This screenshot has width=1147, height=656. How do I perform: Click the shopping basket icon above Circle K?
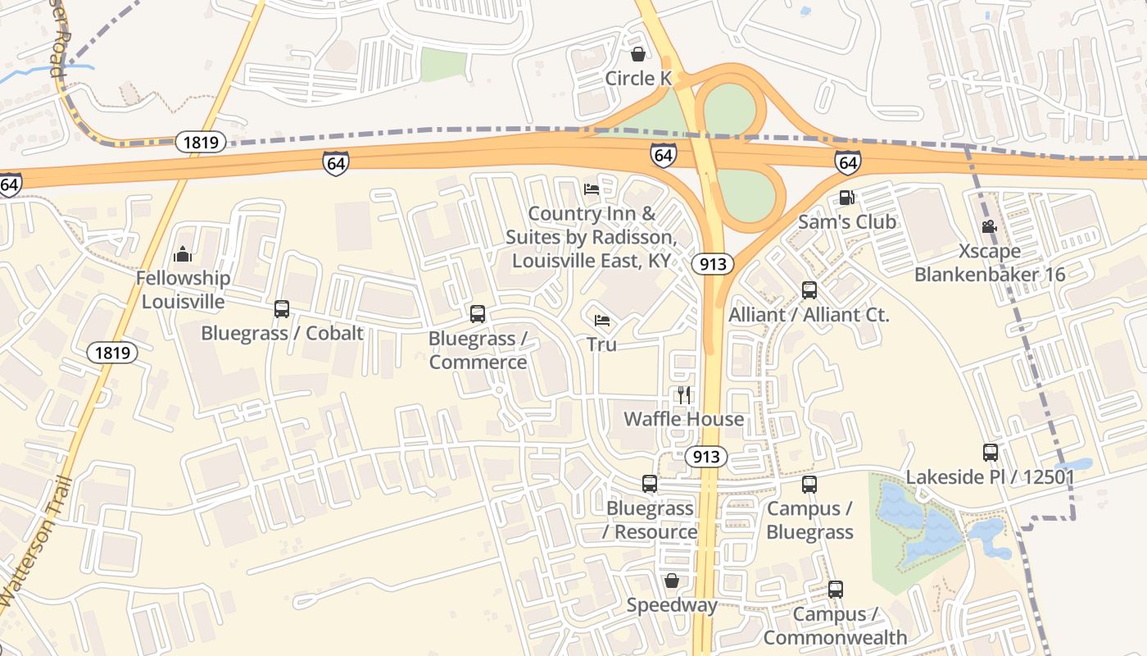point(637,55)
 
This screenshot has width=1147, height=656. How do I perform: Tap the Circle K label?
point(638,79)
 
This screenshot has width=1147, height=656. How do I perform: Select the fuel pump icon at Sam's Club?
point(847,198)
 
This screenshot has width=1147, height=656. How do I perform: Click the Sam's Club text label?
point(847,221)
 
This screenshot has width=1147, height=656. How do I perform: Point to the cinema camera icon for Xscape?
point(989,226)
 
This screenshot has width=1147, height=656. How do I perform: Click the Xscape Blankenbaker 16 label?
point(990,262)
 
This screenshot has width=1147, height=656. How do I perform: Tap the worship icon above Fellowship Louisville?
point(183,254)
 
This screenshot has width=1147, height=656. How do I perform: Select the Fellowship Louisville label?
point(183,289)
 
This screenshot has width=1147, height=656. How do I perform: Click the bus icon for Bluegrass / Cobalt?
point(282,309)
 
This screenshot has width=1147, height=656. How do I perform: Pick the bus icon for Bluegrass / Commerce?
point(478,314)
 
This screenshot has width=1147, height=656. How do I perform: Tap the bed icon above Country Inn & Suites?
point(592,189)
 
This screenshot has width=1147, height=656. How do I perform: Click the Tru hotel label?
point(601,344)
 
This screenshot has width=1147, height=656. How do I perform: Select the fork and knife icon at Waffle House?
point(684,395)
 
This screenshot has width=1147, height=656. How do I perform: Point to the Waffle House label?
point(684,419)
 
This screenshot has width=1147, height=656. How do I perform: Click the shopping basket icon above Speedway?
point(672,581)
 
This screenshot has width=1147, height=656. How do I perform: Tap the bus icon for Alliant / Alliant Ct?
point(809,290)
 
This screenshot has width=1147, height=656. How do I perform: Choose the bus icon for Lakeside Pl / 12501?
point(990,453)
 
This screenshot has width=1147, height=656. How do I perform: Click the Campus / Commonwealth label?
point(835,626)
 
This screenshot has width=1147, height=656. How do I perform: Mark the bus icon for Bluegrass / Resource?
point(650,484)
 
